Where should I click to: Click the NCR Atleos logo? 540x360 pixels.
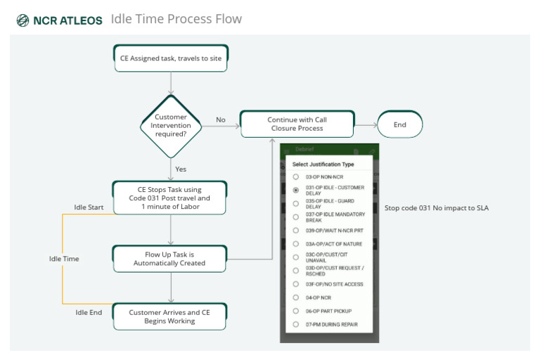tap(59, 20)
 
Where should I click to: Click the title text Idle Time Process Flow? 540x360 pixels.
tap(176, 19)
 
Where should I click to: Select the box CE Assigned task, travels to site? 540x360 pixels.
tap(171, 58)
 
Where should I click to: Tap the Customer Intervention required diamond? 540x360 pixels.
tap(171, 126)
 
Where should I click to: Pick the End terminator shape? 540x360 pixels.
tap(400, 124)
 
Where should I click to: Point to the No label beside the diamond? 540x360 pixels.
tap(221, 120)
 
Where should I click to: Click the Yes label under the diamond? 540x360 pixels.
tap(181, 169)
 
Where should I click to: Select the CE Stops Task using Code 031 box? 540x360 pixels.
tap(171, 198)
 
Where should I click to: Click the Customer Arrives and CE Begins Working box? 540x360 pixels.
tap(170, 316)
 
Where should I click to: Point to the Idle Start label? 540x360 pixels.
tap(89, 207)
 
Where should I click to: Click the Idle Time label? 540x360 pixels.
tap(64, 259)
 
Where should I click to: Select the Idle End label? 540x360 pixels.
tap(89, 312)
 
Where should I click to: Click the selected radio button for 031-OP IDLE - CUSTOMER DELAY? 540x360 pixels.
tap(296, 190)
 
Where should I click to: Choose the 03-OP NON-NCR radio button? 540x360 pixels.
tap(296, 176)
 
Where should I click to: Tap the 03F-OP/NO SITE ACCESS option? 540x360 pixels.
tap(333, 284)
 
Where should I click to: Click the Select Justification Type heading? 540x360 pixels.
tap(323, 164)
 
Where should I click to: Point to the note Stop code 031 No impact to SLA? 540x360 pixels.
tap(436, 208)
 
